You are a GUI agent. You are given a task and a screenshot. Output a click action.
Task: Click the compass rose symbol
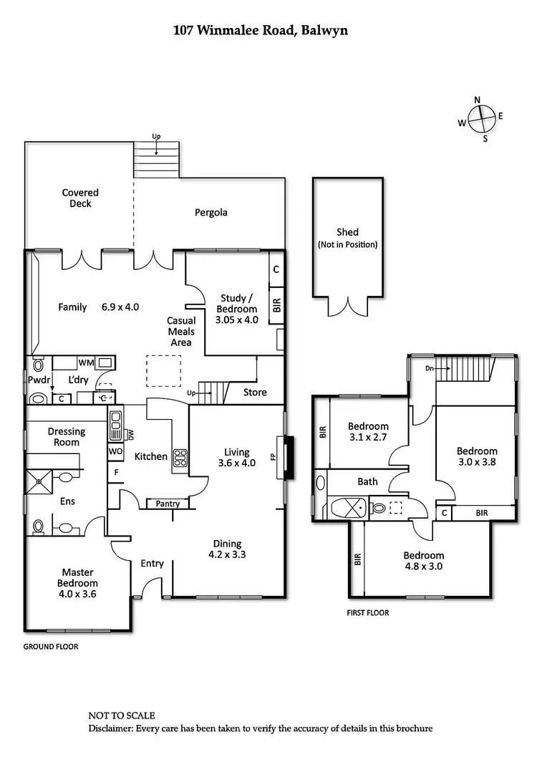click(x=483, y=117)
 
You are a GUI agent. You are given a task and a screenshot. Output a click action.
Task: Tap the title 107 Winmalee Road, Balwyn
click(x=261, y=30)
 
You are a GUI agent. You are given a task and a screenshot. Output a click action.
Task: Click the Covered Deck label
click(x=80, y=198)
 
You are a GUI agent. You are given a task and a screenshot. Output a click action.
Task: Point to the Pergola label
click(x=211, y=212)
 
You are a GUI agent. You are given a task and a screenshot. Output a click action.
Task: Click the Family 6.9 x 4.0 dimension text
click(x=98, y=307)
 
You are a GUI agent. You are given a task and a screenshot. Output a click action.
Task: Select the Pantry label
click(x=168, y=504)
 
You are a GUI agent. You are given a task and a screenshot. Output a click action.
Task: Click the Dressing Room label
click(x=67, y=437)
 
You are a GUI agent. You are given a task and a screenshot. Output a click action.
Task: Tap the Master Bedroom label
click(x=79, y=577)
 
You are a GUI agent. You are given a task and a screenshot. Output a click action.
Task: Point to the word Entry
click(x=152, y=563)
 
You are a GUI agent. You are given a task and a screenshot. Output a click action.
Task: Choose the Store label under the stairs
click(x=255, y=392)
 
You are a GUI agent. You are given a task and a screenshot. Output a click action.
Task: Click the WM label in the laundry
click(x=86, y=362)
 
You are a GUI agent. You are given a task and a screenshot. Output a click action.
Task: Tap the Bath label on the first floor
click(x=367, y=481)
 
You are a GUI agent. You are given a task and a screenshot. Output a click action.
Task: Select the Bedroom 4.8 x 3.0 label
click(x=423, y=560)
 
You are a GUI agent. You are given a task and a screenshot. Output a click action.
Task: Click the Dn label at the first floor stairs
click(x=429, y=368)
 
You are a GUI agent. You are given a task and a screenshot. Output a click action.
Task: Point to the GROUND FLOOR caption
click(x=51, y=646)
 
